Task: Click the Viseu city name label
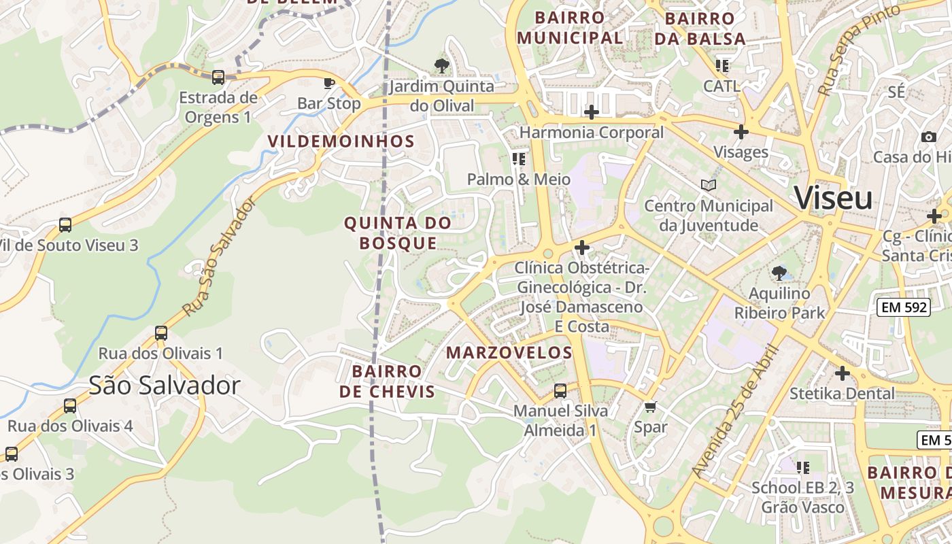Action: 833,198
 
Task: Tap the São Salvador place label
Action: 165,386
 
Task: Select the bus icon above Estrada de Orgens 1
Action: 218,78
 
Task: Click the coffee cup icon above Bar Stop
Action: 329,84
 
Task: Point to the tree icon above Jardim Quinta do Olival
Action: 441,66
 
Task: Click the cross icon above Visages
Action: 741,132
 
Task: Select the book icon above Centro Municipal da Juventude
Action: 709,185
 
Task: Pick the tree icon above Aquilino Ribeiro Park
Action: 779,273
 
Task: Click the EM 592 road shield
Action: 904,307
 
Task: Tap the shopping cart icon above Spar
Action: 651,407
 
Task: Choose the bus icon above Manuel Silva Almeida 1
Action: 560,391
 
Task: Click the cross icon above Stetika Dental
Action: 843,373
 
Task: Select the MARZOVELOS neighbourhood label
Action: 509,353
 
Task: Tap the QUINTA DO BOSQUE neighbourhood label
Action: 398,233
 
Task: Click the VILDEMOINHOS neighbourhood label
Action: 341,141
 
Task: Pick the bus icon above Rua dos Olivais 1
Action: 161,333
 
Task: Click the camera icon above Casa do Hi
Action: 929,137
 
